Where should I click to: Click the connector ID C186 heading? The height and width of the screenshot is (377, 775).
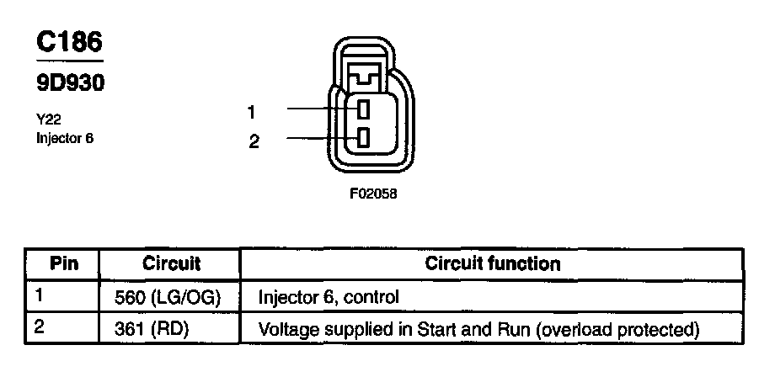tap(70, 42)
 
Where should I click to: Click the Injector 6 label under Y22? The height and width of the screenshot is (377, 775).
tap(65, 137)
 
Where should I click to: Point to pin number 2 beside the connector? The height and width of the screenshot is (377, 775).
tap(254, 141)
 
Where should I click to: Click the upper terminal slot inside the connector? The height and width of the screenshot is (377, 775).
tap(364, 109)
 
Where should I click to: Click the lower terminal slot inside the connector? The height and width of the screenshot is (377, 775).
tap(364, 138)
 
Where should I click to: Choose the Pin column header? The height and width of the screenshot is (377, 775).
tap(64, 263)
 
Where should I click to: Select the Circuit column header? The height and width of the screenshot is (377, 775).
tap(171, 263)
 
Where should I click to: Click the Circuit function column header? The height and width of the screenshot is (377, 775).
tap(492, 263)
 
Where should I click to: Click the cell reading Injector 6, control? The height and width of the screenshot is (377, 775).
tap(328, 297)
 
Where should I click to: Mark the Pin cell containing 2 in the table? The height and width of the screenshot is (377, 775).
tap(40, 327)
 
